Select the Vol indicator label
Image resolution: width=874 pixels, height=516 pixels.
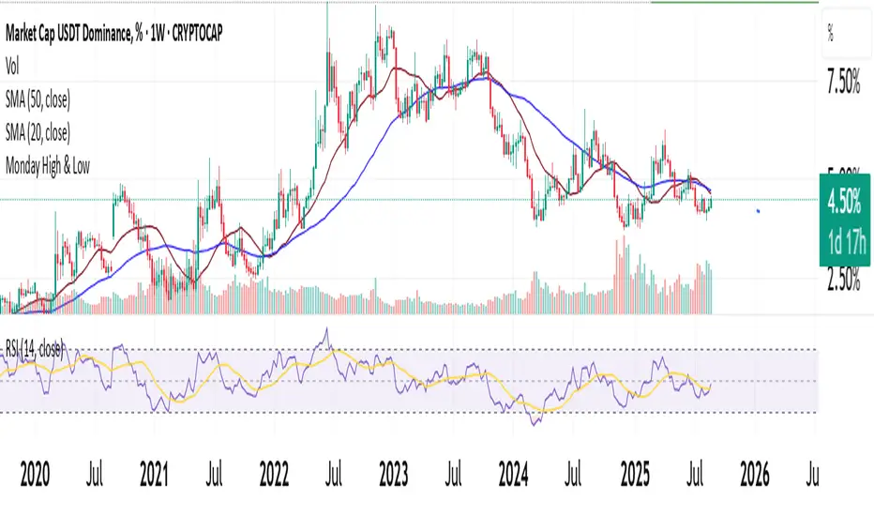[14, 67]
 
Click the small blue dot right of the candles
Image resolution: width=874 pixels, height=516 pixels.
[759, 211]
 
